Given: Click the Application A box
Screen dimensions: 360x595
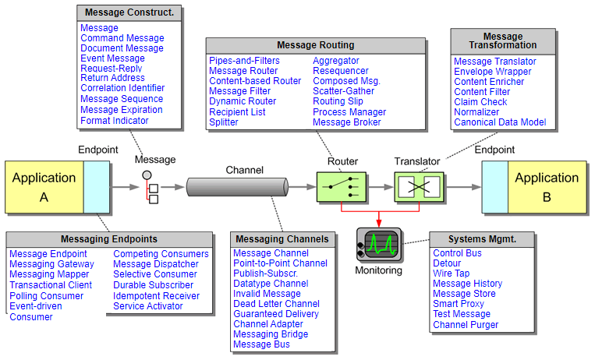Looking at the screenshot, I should [44, 187].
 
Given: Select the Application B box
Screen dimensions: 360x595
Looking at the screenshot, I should [547, 187].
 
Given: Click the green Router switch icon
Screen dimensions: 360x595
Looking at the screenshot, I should [341, 187].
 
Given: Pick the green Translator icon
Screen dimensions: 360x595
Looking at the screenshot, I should [419, 187].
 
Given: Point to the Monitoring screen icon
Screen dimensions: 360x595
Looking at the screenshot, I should [380, 244].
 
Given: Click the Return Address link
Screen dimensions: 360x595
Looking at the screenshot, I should [112, 78].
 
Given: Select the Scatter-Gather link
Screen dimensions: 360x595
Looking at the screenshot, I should [343, 91].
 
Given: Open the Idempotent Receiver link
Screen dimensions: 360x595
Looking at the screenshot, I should [156, 296].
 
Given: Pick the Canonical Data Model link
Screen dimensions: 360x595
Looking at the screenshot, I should [500, 122].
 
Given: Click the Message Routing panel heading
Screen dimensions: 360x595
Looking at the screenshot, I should [315, 45].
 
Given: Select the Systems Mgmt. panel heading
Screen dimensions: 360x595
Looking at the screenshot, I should [482, 238].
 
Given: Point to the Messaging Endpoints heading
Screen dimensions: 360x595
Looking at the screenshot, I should [108, 238].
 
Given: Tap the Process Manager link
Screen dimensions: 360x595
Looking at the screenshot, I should [349, 112].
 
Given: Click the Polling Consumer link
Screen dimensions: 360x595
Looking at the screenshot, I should [46, 296].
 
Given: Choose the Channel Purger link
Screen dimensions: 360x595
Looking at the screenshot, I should [466, 325].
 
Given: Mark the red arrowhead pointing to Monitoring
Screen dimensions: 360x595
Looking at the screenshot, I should [380, 222].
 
